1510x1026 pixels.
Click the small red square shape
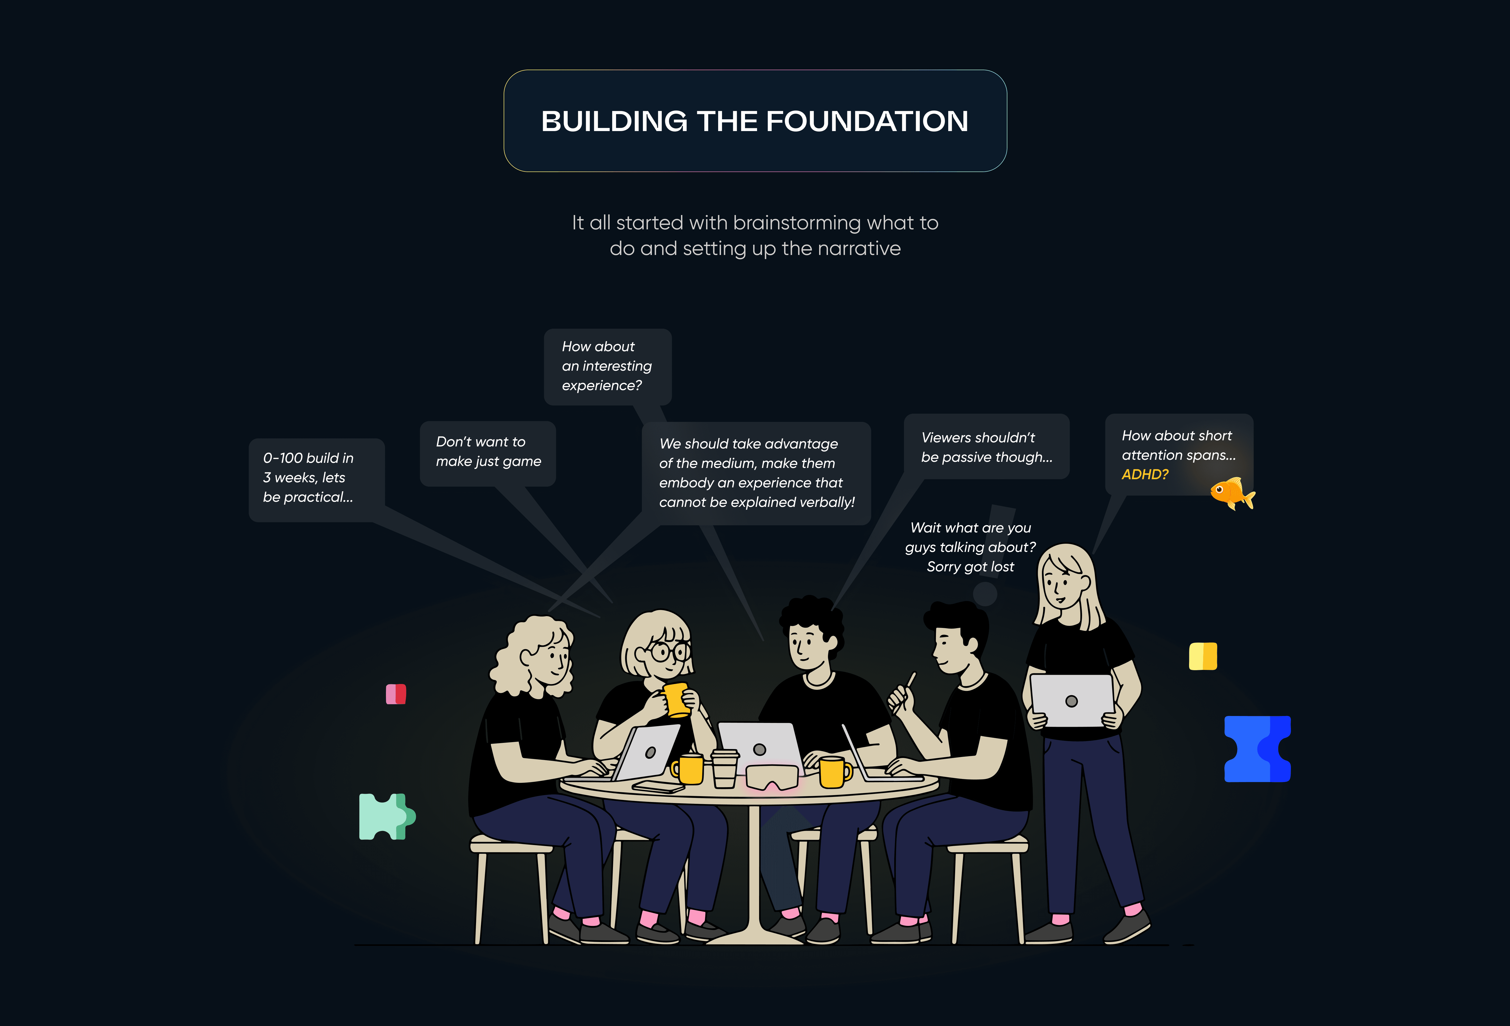396,694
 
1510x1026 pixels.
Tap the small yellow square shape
1203,656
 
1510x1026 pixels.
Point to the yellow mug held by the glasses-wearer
676,699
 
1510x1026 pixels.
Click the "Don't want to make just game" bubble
488,453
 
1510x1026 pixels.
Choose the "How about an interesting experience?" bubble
607,367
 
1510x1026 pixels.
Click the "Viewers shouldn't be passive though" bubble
986,447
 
